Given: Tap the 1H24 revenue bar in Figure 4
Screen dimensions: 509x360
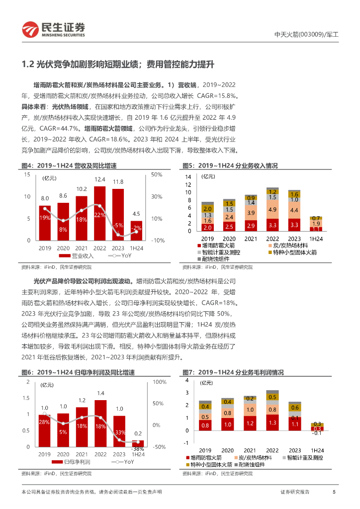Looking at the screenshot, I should pyautogui.click(x=136, y=230).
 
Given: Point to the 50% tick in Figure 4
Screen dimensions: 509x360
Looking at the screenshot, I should pyautogui.click(x=157, y=175).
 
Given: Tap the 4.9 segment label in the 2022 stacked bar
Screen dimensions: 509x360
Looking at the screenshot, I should pyautogui.click(x=272, y=210).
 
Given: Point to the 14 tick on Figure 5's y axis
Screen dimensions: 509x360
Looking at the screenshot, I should pyautogui.click(x=188, y=177).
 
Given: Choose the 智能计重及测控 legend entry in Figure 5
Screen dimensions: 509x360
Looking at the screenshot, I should pyautogui.click(x=222, y=253).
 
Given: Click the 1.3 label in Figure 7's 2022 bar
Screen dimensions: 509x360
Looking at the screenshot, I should pyautogui.click(x=272, y=423).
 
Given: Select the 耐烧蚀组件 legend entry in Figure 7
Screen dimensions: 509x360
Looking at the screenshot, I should pyautogui.click(x=251, y=464).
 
